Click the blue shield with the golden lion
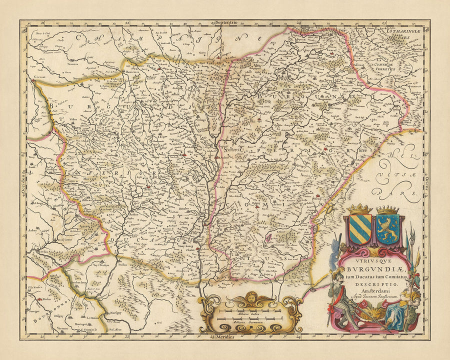pyautogui.click(x=387, y=229)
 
